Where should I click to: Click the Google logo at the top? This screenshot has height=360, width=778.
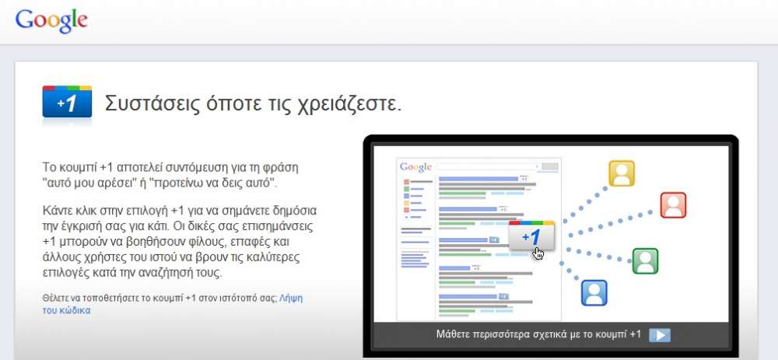[51, 21]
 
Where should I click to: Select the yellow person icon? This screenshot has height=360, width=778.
[622, 173]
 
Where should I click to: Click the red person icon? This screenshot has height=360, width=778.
[673, 204]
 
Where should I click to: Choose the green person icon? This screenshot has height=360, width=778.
[645, 260]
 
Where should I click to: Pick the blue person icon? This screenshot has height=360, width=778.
[594, 292]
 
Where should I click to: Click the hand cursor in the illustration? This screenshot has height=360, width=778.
[538, 253]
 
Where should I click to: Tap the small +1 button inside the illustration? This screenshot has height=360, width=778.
[532, 236]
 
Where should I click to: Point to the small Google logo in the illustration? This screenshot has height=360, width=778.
[415, 167]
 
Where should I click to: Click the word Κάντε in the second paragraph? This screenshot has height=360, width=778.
[56, 211]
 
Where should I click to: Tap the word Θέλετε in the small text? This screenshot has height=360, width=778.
[54, 299]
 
